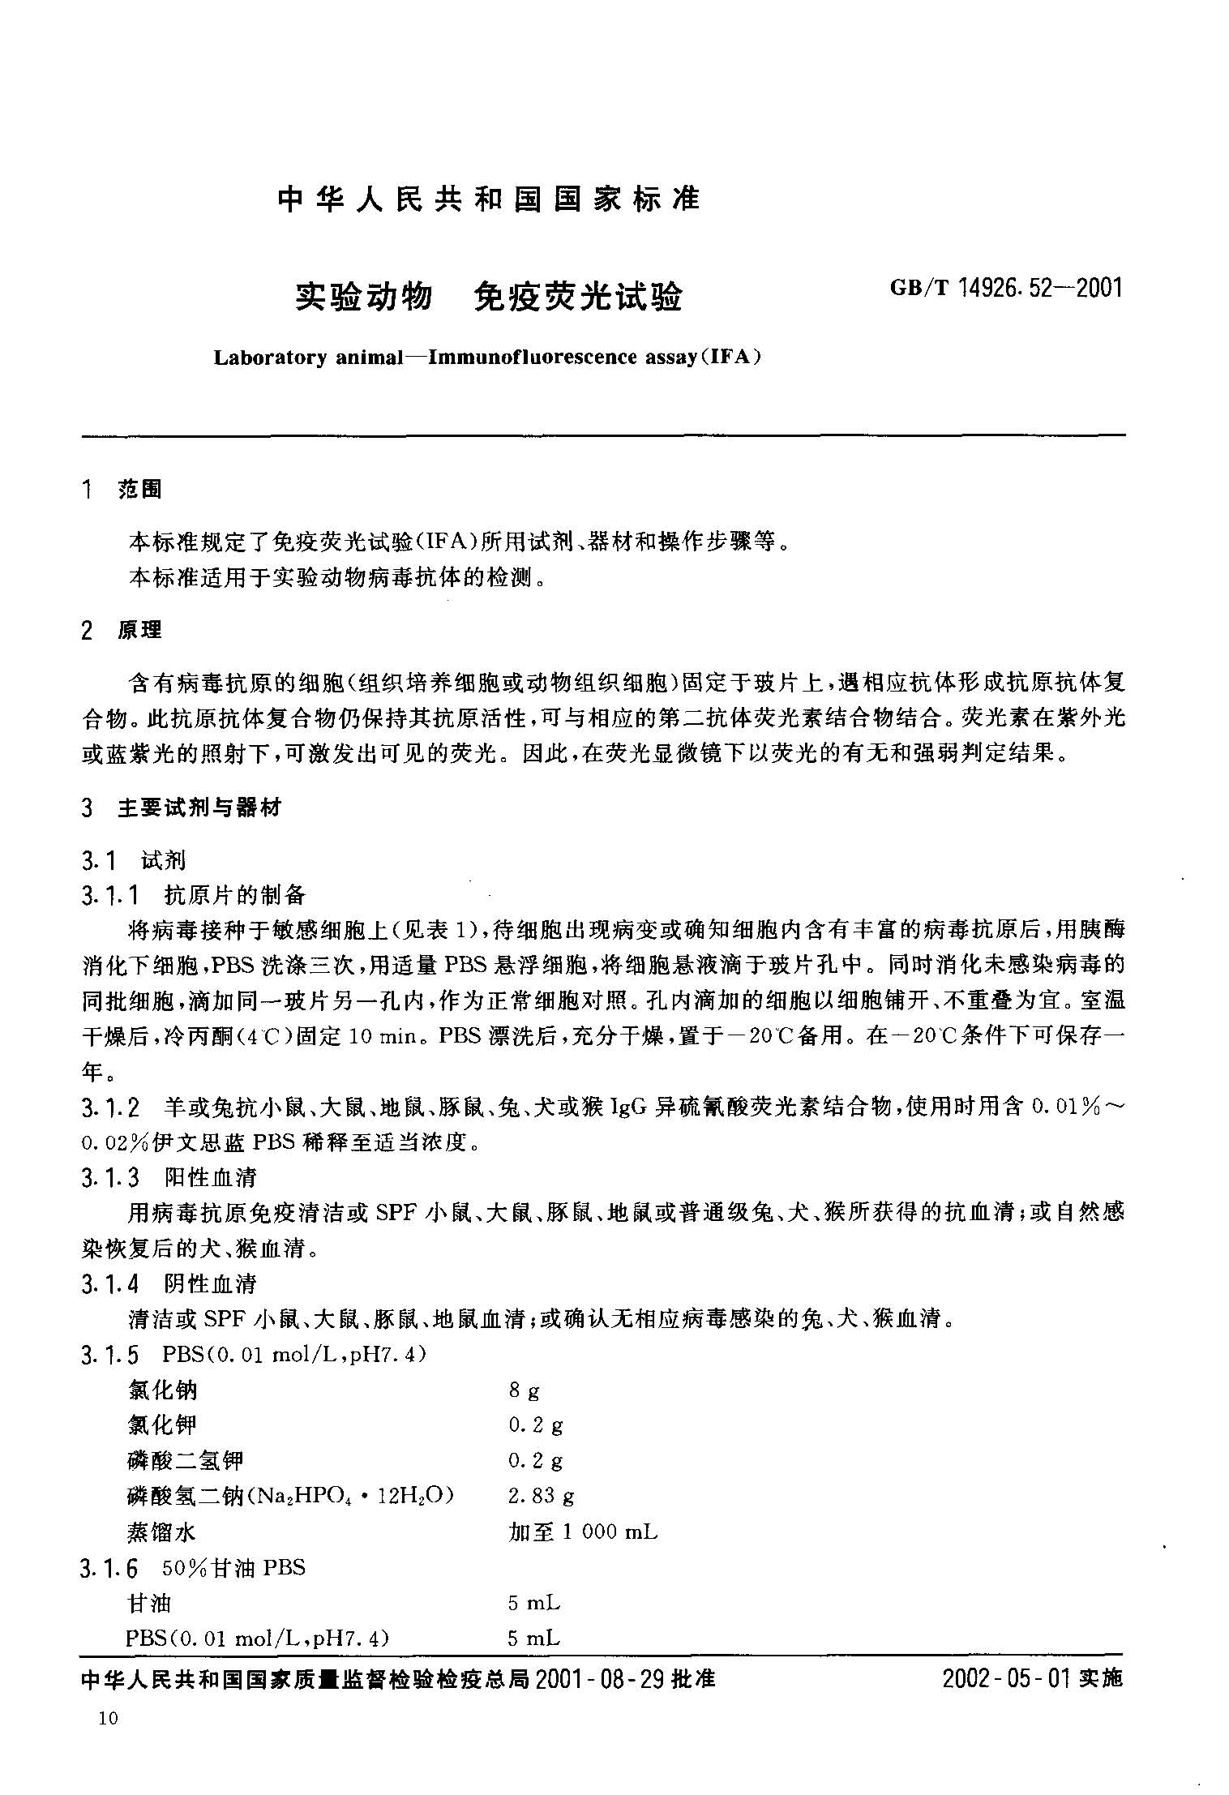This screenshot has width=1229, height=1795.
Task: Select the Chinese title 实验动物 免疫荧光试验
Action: point(488,298)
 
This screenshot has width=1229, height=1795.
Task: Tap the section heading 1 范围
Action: point(122,490)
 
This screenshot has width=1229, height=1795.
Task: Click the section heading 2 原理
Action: point(122,630)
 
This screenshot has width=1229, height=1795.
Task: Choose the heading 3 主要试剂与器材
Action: point(182,808)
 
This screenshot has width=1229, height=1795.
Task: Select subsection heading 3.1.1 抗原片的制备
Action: point(194,895)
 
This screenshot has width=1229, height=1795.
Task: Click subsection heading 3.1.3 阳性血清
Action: point(169,1177)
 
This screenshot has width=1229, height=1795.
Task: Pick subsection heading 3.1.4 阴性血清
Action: point(169,1284)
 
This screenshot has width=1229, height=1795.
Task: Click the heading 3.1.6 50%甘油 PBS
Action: point(194,1568)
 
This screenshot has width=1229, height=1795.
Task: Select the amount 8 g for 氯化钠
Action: point(524,1391)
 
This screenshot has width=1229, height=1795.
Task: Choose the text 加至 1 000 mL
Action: point(583,1532)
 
